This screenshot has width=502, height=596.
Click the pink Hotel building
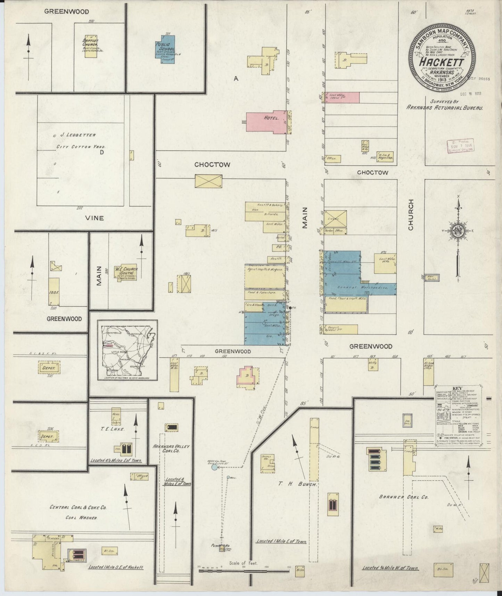click(x=266, y=122)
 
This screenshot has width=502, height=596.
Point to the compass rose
click(x=458, y=231)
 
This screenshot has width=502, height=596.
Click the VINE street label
click(x=95, y=218)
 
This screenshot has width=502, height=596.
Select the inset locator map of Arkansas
click(x=127, y=350)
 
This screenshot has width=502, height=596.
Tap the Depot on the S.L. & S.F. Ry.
click(x=49, y=368)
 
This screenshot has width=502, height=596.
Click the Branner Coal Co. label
click(x=403, y=497)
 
